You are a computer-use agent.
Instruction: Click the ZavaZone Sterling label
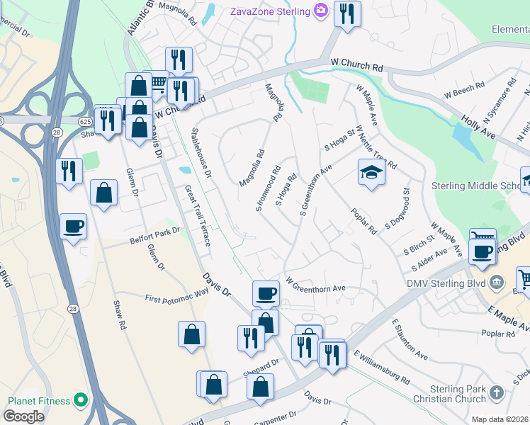coord(269,11)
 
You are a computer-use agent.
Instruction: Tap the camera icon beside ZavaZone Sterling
coord(321,11)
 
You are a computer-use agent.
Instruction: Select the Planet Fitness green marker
coord(80,401)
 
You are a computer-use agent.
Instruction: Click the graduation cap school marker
coord(371,173)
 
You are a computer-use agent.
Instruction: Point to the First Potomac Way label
coord(177,295)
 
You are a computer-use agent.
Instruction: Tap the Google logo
coord(23,416)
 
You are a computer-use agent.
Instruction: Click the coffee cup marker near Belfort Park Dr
coord(73,227)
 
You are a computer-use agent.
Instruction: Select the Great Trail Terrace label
coord(198,215)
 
